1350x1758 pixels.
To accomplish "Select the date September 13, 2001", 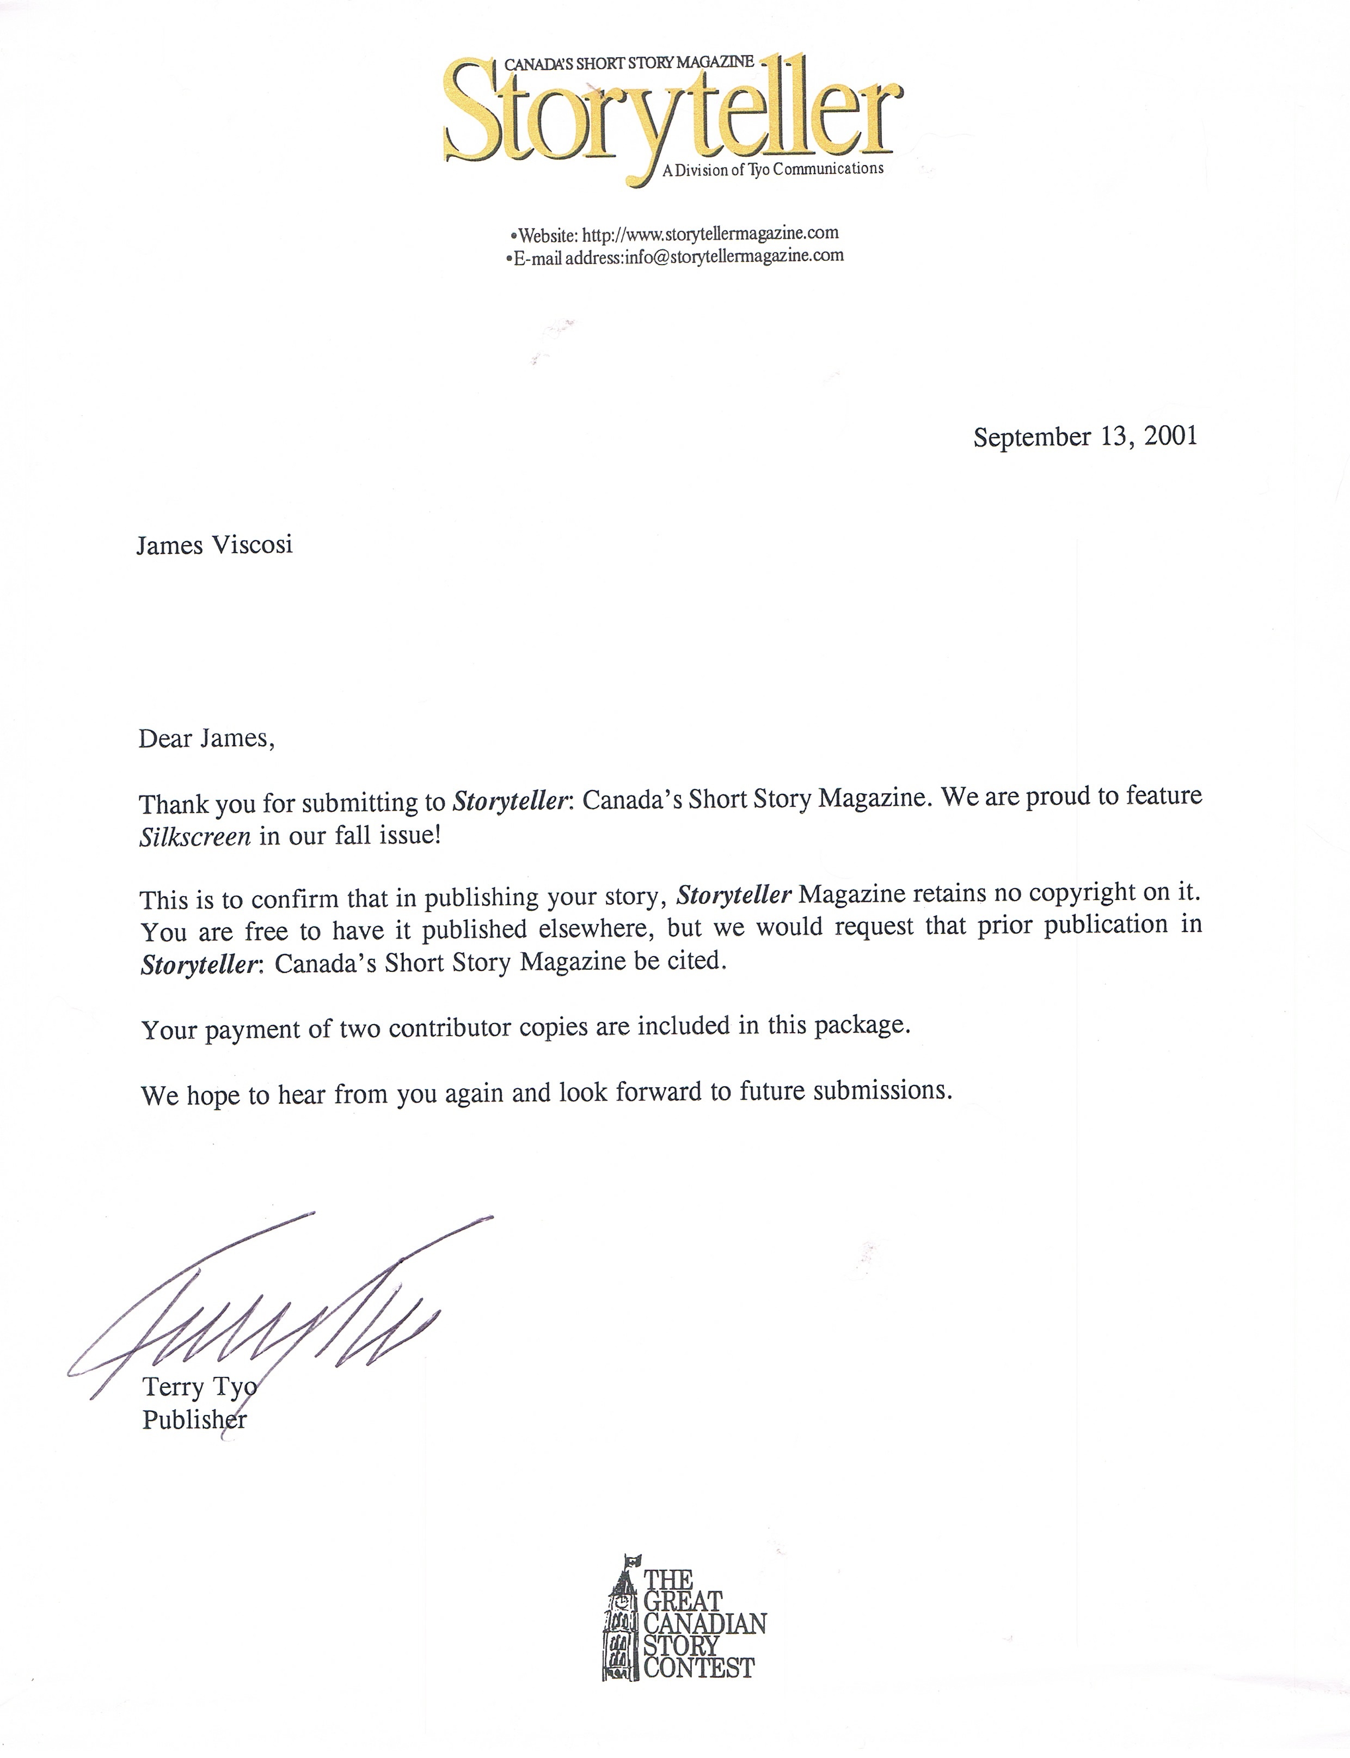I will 1085,436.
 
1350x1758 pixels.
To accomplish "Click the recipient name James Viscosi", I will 214,546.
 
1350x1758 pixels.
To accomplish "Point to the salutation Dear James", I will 206,738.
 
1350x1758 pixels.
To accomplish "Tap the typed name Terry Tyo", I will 199,1387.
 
